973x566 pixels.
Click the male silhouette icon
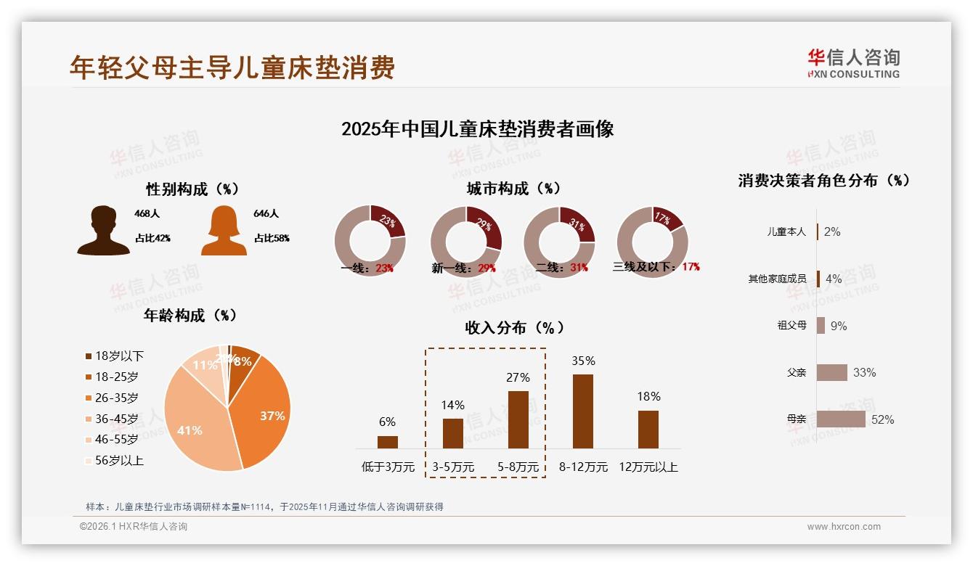tap(104, 231)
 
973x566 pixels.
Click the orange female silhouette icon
tap(224, 231)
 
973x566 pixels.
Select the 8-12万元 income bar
tap(582, 411)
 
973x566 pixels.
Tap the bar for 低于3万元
tap(388, 442)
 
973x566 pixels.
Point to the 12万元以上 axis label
tap(648, 467)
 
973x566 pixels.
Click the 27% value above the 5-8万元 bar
tap(518, 377)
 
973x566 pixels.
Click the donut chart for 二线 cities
tap(559, 241)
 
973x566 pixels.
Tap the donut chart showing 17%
tap(652, 241)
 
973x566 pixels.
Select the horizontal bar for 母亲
tap(841, 419)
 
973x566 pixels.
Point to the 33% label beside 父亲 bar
tap(864, 372)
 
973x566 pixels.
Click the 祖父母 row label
tap(791, 325)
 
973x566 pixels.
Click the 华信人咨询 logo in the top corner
tap(853, 63)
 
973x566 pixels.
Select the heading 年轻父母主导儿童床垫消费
tap(232, 67)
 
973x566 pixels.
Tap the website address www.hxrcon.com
tap(844, 527)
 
